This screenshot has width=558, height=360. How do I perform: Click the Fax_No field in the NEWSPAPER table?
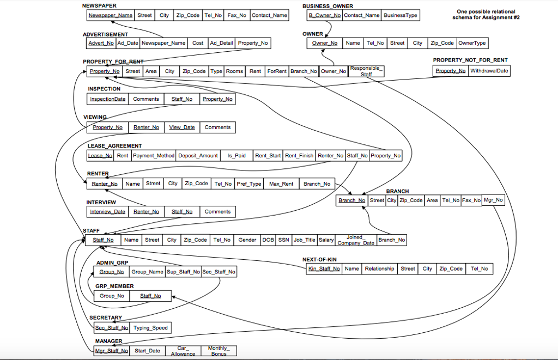(x=236, y=15)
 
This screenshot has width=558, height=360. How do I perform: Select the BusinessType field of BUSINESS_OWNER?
(x=401, y=15)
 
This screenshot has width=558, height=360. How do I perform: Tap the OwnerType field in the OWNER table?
(x=472, y=43)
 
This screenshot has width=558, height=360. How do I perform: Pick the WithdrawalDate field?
(x=489, y=71)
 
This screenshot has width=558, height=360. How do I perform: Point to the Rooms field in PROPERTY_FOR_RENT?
(x=234, y=71)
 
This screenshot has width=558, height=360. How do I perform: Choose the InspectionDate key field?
(x=108, y=99)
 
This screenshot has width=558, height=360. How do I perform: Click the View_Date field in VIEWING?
(x=182, y=127)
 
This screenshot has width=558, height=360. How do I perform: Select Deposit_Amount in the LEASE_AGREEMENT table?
(x=198, y=156)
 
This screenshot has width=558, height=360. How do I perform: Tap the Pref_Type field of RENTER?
(x=249, y=184)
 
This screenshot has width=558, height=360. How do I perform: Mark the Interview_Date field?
(x=107, y=212)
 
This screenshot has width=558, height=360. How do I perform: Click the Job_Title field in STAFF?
(x=305, y=240)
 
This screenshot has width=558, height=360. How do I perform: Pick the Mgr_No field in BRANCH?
(x=493, y=200)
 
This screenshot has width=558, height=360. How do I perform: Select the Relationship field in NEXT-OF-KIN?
(x=379, y=269)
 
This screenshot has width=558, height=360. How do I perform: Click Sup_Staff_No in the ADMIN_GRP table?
(x=183, y=272)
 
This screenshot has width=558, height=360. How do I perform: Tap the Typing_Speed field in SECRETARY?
(x=150, y=328)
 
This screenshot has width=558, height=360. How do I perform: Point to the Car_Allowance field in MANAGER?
(x=183, y=351)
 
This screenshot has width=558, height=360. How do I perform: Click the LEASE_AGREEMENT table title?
(x=114, y=146)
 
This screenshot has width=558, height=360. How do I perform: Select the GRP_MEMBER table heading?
(x=114, y=286)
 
